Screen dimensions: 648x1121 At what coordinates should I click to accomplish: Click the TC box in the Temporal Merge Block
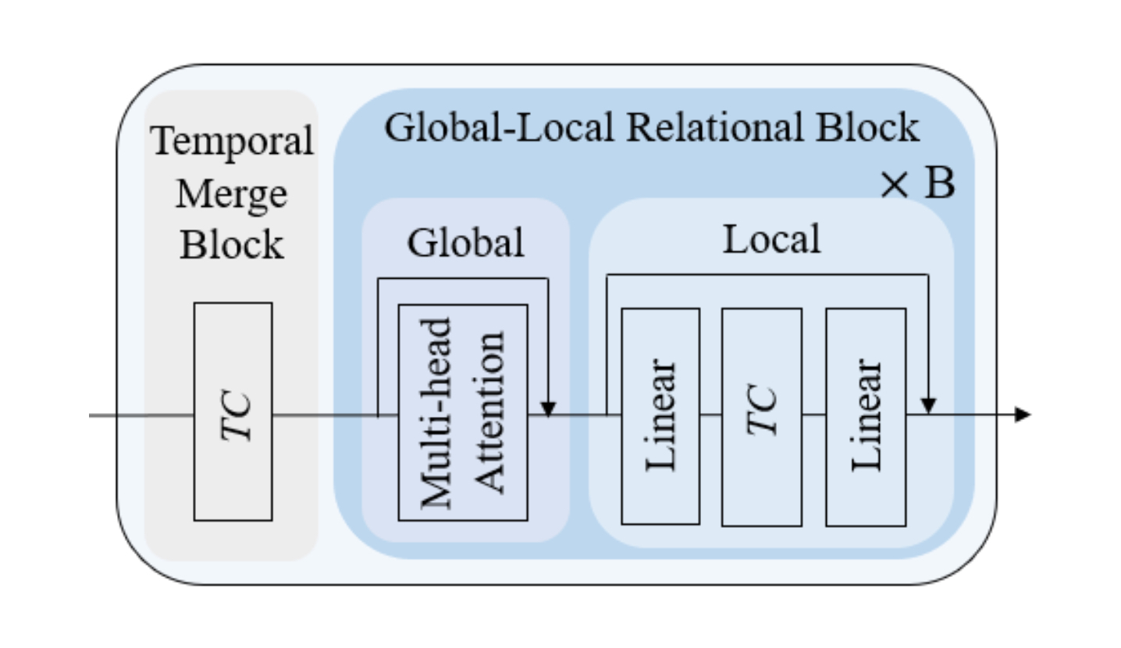tap(233, 411)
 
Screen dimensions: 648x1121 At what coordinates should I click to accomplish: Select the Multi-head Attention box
tap(463, 412)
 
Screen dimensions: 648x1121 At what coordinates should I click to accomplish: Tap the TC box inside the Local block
tap(761, 416)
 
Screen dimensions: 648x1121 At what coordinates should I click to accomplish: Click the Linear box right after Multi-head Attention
tap(660, 416)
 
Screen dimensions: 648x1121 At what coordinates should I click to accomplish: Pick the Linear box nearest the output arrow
tap(865, 416)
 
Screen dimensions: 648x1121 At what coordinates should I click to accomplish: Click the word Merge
tap(231, 194)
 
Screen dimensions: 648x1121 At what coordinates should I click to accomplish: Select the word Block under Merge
tap(231, 244)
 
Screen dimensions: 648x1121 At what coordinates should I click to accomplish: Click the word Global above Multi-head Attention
tap(465, 243)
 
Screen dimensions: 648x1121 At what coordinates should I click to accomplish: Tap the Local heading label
tap(771, 240)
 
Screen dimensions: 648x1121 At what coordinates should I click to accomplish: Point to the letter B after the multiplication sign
tap(940, 186)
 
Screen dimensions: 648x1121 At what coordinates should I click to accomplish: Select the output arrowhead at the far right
tap(1023, 415)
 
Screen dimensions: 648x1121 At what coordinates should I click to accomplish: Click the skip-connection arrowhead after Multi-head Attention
tap(549, 408)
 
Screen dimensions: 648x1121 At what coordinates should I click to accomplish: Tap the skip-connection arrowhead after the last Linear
tap(928, 407)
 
